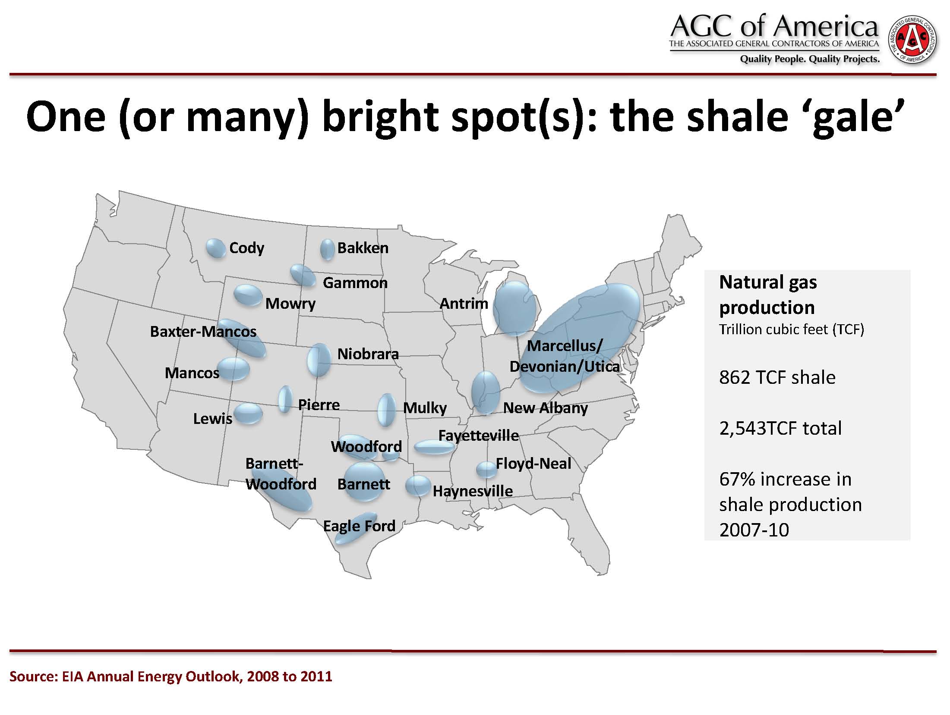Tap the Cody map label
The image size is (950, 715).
point(246,248)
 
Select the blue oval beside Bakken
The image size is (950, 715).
point(327,249)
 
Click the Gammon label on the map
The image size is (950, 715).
point(355,283)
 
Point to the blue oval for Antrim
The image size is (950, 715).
point(514,308)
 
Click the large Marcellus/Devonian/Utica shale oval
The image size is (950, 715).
point(579,338)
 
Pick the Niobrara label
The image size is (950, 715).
point(368,354)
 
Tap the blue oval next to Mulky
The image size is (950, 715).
point(386,410)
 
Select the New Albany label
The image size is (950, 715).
point(546,408)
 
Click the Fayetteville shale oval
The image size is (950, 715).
point(435,447)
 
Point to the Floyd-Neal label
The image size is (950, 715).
point(533,464)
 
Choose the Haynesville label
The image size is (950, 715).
point(473,491)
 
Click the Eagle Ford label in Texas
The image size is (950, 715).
point(359,526)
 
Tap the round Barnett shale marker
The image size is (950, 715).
point(365,482)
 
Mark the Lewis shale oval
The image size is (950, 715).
point(248,414)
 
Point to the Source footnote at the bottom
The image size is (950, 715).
point(171,676)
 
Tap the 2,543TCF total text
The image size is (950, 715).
point(780,429)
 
